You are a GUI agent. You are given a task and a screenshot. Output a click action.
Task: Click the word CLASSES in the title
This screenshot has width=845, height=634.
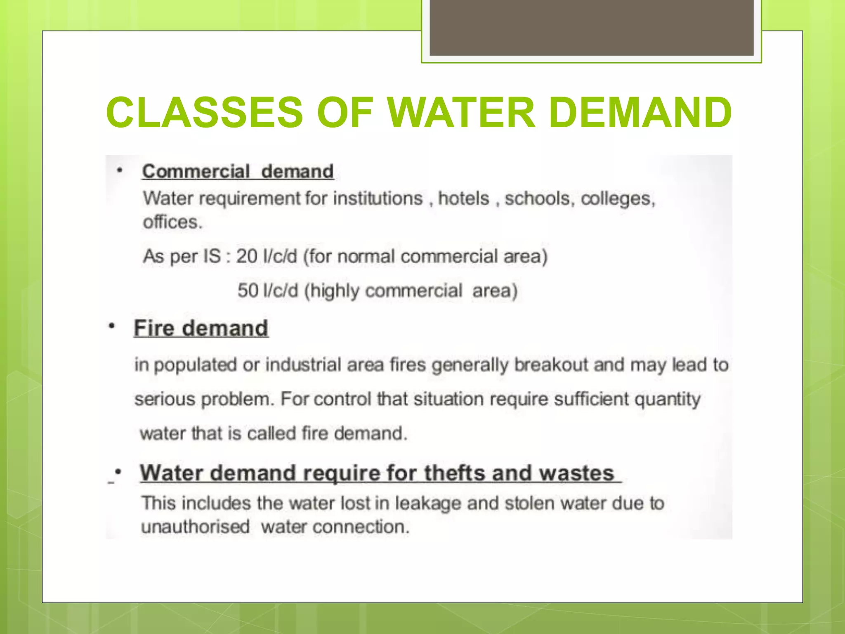click(205, 112)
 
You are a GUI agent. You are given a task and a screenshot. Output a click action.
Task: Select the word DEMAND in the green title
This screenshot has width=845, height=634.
click(640, 112)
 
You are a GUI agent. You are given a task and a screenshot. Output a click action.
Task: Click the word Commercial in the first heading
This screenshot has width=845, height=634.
click(196, 171)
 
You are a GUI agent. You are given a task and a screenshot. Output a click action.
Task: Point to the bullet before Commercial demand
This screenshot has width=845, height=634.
click(120, 170)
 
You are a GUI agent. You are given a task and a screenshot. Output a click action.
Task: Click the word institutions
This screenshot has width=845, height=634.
click(378, 199)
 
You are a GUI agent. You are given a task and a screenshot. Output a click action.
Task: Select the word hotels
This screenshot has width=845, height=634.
click(463, 199)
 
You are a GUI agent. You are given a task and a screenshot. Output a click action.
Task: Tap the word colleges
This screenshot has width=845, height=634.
click(618, 199)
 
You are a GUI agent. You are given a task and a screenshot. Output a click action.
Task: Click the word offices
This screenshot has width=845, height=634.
click(172, 222)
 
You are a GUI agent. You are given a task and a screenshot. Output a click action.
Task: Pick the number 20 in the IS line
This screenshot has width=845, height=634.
click(247, 256)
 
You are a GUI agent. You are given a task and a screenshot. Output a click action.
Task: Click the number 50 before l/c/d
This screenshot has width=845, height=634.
click(248, 291)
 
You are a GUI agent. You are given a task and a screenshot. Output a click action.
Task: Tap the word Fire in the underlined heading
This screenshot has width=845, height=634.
click(154, 329)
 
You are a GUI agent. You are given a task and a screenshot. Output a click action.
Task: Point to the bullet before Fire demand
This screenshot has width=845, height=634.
click(111, 326)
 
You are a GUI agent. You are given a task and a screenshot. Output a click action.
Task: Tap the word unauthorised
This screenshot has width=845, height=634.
click(195, 527)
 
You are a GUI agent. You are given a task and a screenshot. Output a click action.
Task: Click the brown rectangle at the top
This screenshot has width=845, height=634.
click(591, 27)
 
